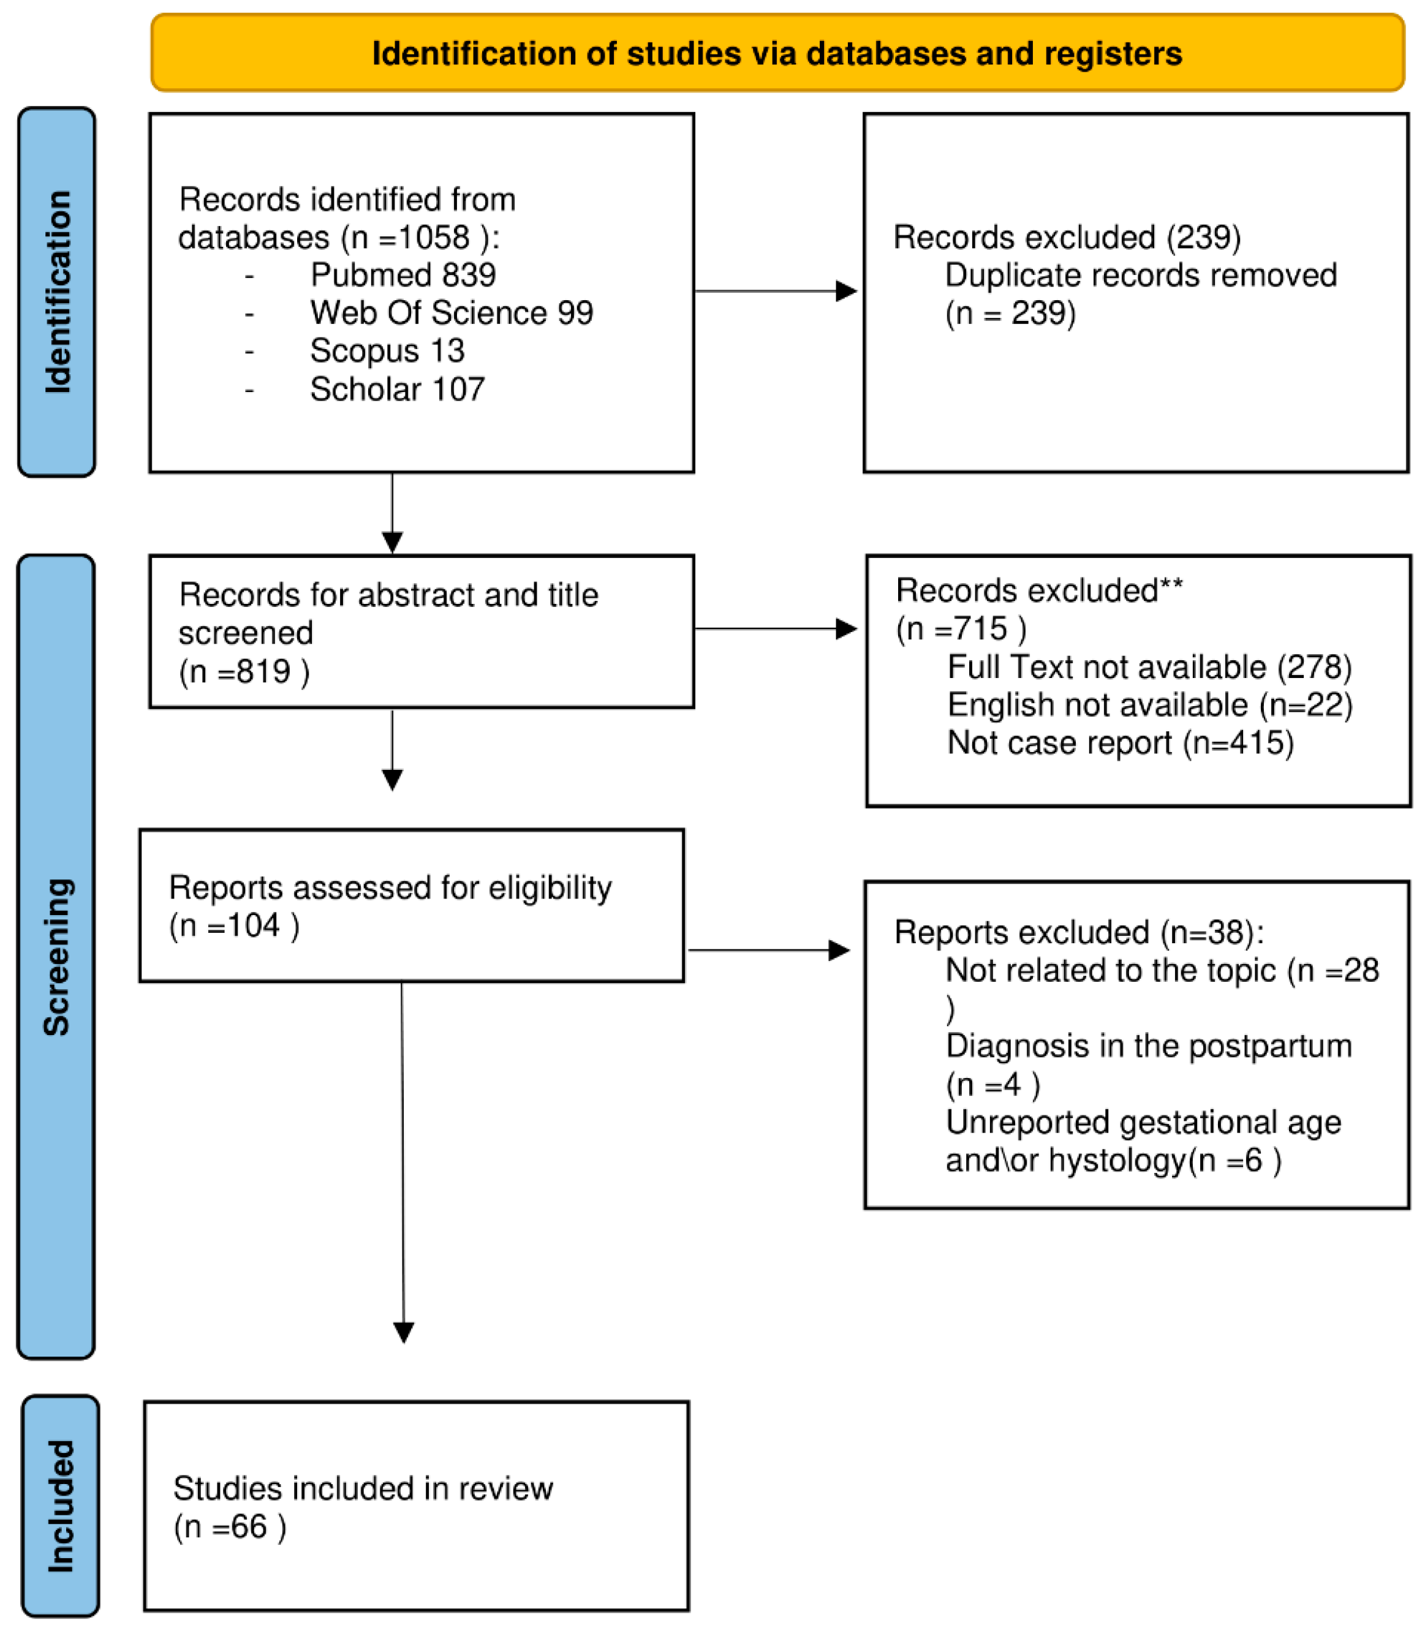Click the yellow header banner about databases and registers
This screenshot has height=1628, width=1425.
pyautogui.click(x=777, y=53)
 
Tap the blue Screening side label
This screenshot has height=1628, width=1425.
pyautogui.click(x=56, y=957)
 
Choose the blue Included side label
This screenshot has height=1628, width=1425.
pyautogui.click(x=61, y=1506)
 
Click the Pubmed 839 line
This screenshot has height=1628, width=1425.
pyautogui.click(x=403, y=275)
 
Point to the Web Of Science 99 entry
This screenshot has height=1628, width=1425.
pyautogui.click(x=452, y=313)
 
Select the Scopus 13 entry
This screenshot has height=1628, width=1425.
pyautogui.click(x=387, y=350)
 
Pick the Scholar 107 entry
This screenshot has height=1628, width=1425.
pyautogui.click(x=398, y=390)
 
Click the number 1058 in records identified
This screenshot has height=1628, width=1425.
pyautogui.click(x=434, y=238)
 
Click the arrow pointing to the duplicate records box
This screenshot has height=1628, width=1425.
pyautogui.click(x=776, y=291)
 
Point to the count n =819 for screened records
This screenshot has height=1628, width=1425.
pyautogui.click(x=244, y=673)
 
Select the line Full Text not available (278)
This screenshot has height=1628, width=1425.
pyautogui.click(x=1150, y=667)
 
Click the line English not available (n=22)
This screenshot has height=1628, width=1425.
pyautogui.click(x=1150, y=705)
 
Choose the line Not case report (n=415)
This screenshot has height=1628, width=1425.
pyautogui.click(x=1121, y=742)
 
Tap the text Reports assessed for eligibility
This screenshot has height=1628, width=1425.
pyautogui.click(x=390, y=887)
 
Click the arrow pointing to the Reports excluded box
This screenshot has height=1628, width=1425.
pyautogui.click(x=769, y=950)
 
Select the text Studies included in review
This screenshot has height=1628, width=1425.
pyautogui.click(x=363, y=1488)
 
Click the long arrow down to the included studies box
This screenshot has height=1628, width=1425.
pyautogui.click(x=403, y=1162)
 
